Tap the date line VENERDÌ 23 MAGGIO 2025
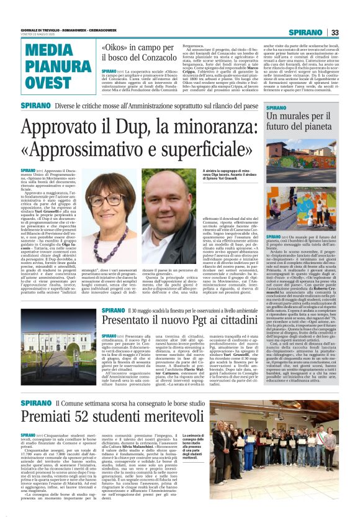(38, 34)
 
